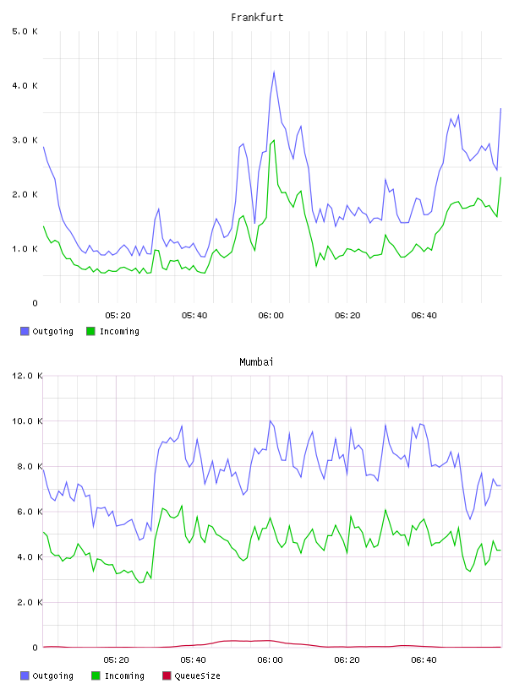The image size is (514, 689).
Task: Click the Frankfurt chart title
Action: [x=257, y=18]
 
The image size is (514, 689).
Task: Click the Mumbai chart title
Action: [x=256, y=361]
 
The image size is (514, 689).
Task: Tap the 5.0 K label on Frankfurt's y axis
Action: [x=25, y=31]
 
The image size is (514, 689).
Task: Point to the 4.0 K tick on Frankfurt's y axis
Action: [x=25, y=85]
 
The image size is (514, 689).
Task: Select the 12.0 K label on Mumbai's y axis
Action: [x=27, y=376]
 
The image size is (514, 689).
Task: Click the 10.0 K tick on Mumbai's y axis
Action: [x=27, y=421]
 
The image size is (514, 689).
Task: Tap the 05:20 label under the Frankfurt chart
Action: [x=118, y=316]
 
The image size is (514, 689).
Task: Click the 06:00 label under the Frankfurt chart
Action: [x=271, y=316]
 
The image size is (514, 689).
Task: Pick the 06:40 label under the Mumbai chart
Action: [x=424, y=660]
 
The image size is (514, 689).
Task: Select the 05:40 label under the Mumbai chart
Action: [x=194, y=660]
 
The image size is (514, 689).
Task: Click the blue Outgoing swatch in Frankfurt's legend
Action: [x=25, y=331]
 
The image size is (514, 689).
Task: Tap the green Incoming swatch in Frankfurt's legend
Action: [x=90, y=331]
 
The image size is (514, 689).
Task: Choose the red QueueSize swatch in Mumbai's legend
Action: [x=167, y=675]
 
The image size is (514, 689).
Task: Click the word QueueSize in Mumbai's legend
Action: [x=197, y=675]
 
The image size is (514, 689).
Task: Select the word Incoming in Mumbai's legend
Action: [x=124, y=675]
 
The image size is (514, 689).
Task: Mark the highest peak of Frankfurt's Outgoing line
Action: [x=274, y=72]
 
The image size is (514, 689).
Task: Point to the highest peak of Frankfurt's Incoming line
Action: [x=274, y=141]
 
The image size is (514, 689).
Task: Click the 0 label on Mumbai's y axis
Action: [x=36, y=648]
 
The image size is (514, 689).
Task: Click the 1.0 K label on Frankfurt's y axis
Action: [x=25, y=249]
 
